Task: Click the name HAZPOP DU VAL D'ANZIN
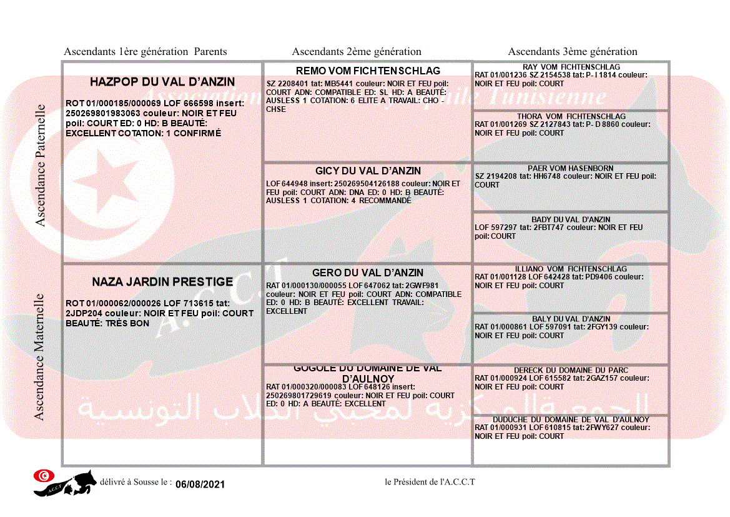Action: [162, 82]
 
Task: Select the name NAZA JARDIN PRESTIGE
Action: [162, 282]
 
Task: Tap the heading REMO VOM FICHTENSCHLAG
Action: [368, 71]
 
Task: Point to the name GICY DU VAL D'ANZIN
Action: [368, 171]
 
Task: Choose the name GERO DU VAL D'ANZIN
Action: [368, 273]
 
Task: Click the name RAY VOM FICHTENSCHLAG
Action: [571, 67]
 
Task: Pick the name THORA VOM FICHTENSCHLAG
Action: [571, 116]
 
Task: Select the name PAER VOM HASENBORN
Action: [571, 168]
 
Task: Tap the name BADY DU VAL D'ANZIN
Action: [571, 219]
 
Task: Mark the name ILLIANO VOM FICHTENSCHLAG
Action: [571, 269]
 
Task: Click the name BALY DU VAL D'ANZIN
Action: [571, 319]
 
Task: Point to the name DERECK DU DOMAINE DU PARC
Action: [571, 370]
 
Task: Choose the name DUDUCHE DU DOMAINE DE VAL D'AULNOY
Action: [571, 419]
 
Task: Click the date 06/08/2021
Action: [200, 484]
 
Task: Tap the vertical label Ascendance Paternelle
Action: [41, 165]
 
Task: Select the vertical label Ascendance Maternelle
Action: [39, 356]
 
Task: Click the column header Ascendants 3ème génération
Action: [573, 52]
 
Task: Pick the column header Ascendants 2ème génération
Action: [357, 52]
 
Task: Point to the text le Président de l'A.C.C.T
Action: [430, 481]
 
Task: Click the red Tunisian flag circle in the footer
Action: [43, 476]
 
